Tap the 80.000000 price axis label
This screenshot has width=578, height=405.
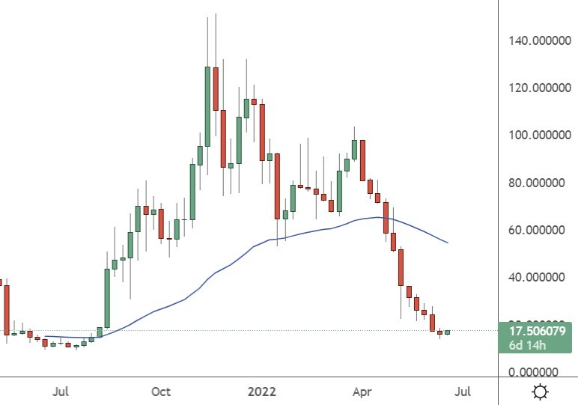541,182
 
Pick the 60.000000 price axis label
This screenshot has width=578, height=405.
541,230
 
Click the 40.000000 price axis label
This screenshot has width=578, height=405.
541,277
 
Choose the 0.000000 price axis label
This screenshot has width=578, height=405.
544,372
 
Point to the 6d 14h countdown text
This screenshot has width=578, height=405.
529,344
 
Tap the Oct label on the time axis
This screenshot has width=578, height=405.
161,392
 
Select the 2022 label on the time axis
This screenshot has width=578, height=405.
261,392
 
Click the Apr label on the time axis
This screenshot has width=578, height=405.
362,392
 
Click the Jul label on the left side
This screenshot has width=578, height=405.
62,392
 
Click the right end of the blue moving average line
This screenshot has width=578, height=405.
448,243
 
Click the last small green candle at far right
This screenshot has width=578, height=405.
448,332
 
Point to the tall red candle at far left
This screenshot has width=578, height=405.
6,309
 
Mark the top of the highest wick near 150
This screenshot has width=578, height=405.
215,13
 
